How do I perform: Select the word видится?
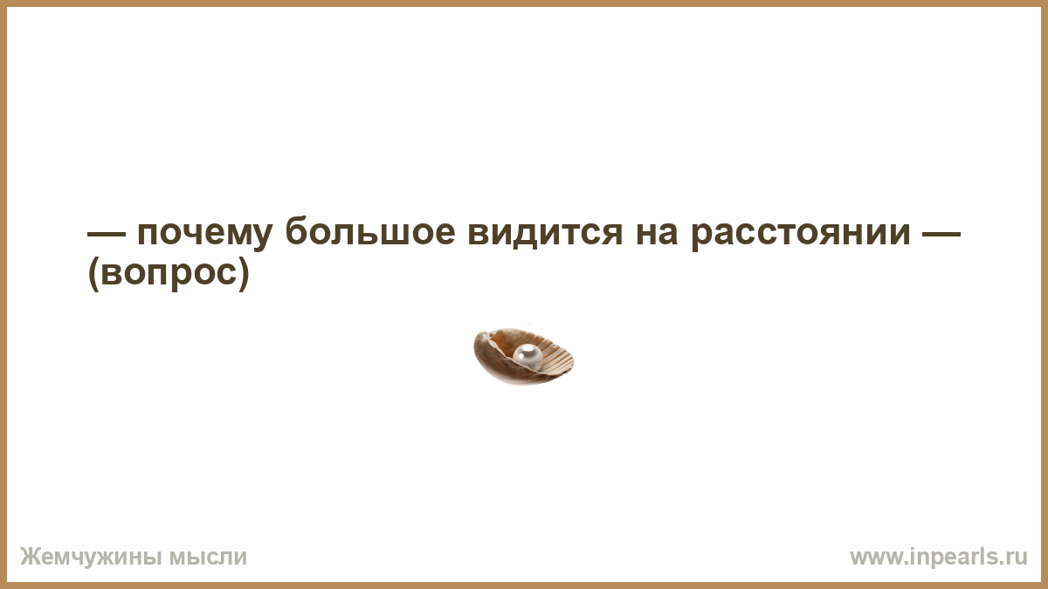coord(546,231)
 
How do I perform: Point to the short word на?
coord(657,232)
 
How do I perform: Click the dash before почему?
coord(107,233)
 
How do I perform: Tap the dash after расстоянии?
coord(941,233)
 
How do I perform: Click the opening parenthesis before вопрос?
coord(93,273)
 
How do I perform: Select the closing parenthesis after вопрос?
coord(244,273)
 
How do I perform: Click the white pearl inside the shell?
coord(527,357)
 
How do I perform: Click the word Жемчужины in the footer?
coord(91,558)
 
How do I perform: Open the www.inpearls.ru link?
coord(939,558)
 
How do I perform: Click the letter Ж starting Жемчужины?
coord(30,557)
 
